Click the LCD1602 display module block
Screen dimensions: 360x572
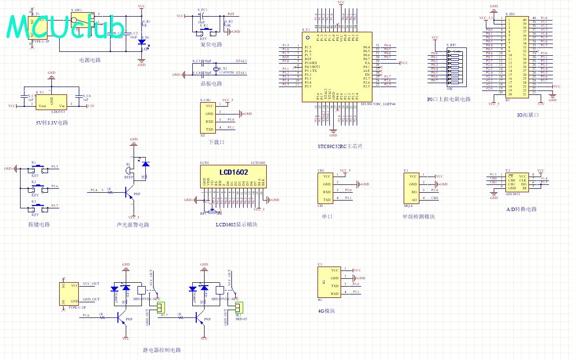point(233,177)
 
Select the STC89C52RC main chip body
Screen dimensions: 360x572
point(337,67)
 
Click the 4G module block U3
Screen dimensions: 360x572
point(331,282)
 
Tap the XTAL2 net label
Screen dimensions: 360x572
point(241,61)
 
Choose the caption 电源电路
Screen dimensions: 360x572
point(90,60)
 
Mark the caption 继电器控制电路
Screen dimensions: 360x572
point(162,350)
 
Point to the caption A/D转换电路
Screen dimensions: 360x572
point(521,209)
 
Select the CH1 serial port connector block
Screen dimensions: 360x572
point(326,188)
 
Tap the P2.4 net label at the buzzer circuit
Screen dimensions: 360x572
point(94,190)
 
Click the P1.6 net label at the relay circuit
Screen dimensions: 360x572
point(86,315)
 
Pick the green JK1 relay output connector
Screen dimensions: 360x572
point(239,307)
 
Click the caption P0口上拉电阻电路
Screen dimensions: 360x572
point(449,99)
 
